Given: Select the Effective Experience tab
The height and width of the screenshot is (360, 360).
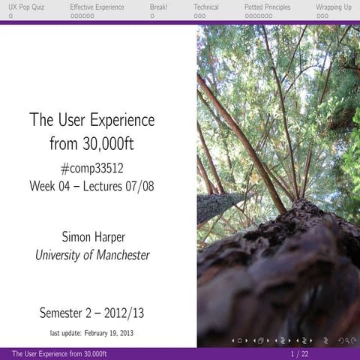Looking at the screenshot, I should coord(97,7).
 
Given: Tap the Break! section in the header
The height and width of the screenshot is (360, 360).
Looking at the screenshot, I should coord(159,7).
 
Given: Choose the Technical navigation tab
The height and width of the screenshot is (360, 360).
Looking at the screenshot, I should coord(206,7).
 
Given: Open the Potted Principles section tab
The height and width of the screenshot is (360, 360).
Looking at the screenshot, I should coord(268,7).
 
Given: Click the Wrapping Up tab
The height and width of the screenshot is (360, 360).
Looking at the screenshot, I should coord(333,7).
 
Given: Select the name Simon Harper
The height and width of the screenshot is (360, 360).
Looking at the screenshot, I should coord(91,237).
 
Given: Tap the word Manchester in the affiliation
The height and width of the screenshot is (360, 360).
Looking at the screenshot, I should coord(118,255).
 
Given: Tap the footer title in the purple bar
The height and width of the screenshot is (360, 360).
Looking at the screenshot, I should coord(59,353).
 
